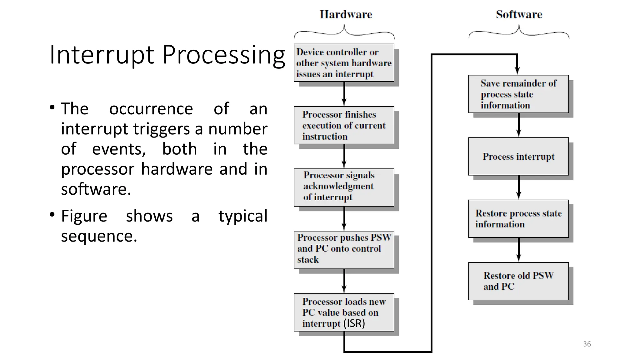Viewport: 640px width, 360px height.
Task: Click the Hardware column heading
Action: tap(346, 14)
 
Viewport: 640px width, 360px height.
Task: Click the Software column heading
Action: tap(519, 14)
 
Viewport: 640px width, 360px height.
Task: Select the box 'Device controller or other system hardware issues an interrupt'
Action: tap(344, 63)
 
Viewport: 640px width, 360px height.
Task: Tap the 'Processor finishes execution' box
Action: tap(344, 125)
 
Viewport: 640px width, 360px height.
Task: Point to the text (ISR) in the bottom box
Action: tap(354, 323)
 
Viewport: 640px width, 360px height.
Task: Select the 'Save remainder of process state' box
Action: tap(518, 94)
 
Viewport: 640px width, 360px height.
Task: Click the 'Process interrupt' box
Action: tap(518, 156)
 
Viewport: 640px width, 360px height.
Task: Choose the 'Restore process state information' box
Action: tap(518, 219)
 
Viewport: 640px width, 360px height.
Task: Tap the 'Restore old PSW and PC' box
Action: tap(518, 281)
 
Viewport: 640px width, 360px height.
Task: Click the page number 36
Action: tap(587, 344)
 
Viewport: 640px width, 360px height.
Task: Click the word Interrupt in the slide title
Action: tap(102, 55)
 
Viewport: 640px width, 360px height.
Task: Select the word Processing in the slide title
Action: tap(224, 55)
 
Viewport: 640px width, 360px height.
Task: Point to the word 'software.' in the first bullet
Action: tap(96, 189)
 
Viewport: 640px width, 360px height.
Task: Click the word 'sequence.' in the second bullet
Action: tap(99, 236)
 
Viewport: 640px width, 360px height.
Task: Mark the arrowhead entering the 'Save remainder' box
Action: tap(517, 71)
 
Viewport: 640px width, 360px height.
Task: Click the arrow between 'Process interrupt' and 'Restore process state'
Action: tap(518, 187)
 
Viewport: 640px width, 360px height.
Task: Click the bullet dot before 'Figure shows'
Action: tap(52, 215)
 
